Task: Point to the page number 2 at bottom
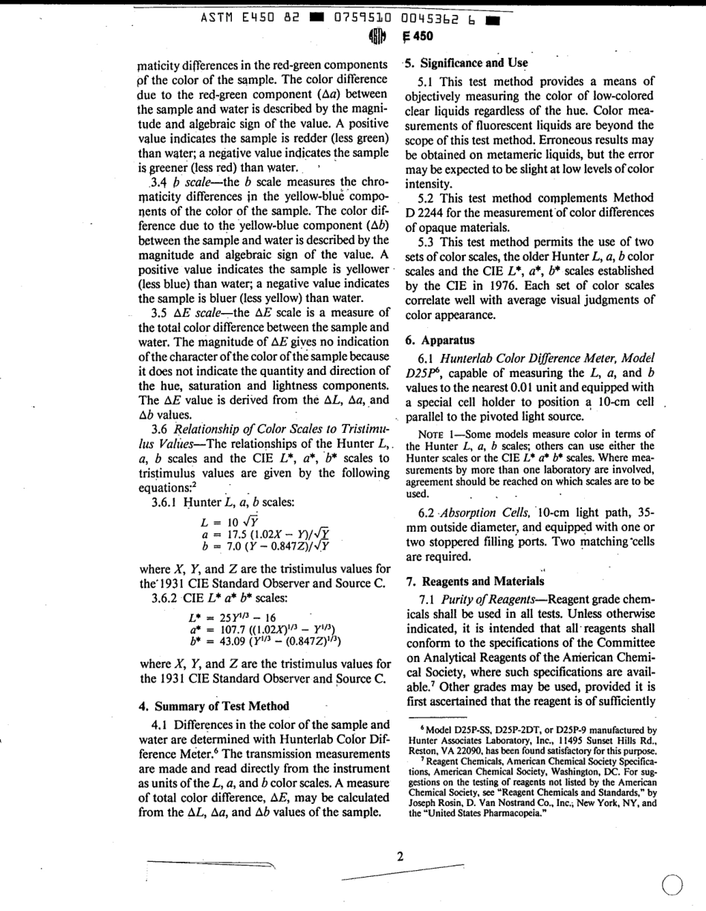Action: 399,855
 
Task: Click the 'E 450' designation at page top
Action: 417,34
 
